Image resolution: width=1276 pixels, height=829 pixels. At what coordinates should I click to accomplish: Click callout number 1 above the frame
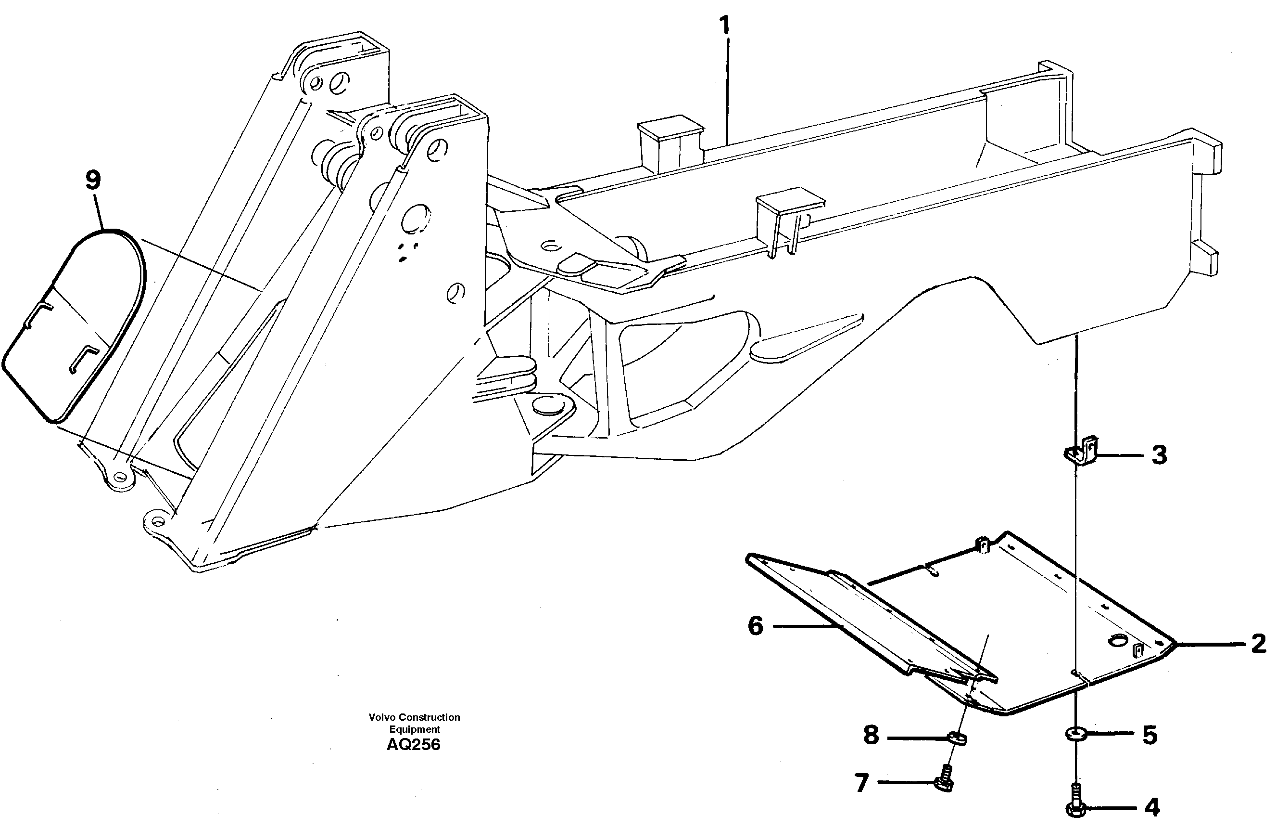click(x=724, y=26)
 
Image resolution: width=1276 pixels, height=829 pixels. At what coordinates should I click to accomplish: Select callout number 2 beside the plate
click(x=1258, y=643)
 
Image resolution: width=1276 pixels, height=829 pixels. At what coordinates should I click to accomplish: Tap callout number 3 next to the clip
click(x=1159, y=455)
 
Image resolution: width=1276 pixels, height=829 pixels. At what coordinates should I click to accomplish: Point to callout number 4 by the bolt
click(x=1151, y=807)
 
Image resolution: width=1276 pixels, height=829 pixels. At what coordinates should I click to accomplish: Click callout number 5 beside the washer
click(x=1150, y=735)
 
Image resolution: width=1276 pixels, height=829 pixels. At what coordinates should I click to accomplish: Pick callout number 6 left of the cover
click(x=756, y=626)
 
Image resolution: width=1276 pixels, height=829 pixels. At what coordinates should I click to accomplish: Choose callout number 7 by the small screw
click(x=861, y=783)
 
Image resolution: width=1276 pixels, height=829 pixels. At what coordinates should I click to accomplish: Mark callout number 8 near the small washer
click(x=871, y=735)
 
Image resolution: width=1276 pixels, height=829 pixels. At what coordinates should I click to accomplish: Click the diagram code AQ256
click(x=413, y=745)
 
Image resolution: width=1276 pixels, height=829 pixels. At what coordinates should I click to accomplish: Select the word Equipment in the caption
click(x=415, y=729)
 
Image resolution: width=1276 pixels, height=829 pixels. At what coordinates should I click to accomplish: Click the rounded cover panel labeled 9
click(x=75, y=327)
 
